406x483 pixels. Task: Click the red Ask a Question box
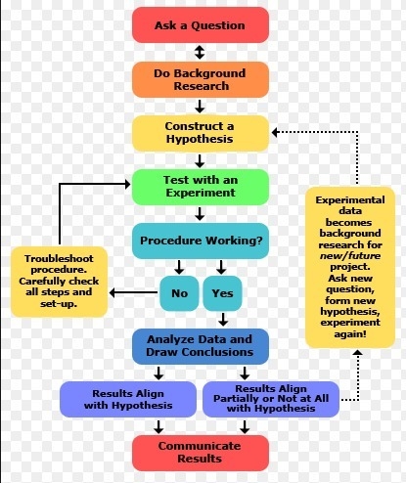[201, 25]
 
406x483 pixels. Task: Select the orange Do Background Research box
[201, 79]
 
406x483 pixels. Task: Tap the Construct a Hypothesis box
[201, 133]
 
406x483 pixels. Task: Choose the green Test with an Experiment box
[201, 187]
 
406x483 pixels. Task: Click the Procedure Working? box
[201, 241]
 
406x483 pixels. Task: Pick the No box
[179, 293]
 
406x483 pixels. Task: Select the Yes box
[222, 293]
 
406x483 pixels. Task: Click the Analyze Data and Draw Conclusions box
[201, 346]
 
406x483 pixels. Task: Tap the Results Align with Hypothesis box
[128, 399]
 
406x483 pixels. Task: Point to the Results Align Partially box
[271, 399]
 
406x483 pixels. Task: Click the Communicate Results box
[201, 453]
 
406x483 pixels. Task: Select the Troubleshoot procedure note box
[59, 282]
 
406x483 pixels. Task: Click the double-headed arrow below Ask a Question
[200, 52]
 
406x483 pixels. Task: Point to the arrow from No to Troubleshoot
[133, 292]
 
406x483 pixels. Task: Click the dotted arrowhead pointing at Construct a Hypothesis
[275, 132]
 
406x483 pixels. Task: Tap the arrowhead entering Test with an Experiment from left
[127, 184]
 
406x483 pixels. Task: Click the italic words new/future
[350, 256]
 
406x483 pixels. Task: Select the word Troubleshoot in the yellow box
[59, 258]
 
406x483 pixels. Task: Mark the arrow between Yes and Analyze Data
[223, 320]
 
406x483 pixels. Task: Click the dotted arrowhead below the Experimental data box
[358, 352]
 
